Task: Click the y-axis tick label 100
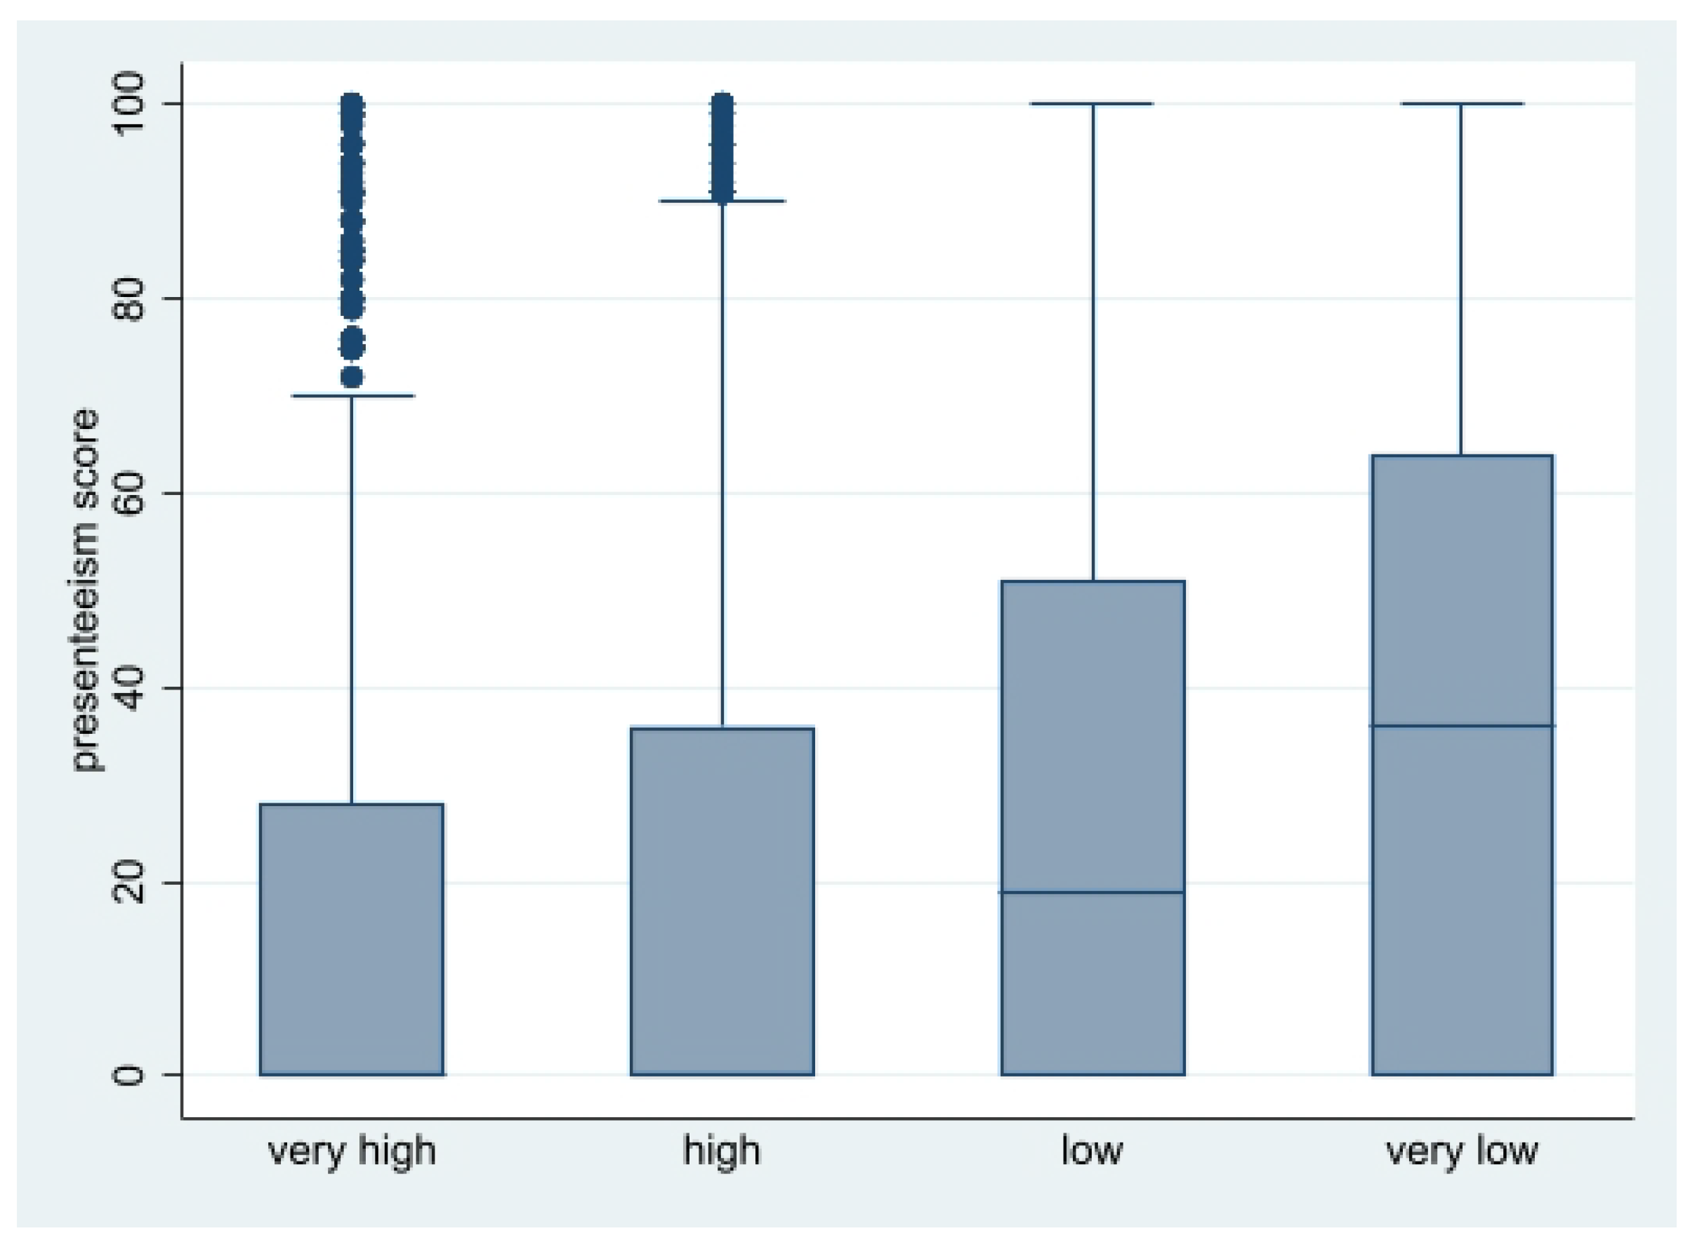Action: [x=129, y=103]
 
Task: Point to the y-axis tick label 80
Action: [x=129, y=298]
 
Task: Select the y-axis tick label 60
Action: [x=129, y=493]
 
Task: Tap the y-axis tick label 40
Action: [x=129, y=687]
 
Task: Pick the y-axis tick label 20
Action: [x=129, y=882]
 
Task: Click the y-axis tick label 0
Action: [x=129, y=1074]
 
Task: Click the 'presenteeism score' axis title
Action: [x=86, y=589]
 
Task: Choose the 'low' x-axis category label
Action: [x=1092, y=1151]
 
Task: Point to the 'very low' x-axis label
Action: [x=1462, y=1151]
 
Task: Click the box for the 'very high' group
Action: [x=352, y=939]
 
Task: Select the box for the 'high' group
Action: [x=722, y=902]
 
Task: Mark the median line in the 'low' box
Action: [x=1092, y=892]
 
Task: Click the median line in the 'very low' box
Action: [x=1462, y=726]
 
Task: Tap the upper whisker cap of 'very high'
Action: [x=352, y=395]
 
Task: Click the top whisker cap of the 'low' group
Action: [x=1092, y=104]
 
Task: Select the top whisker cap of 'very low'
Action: [x=1462, y=104]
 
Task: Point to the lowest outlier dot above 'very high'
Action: [x=352, y=377]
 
